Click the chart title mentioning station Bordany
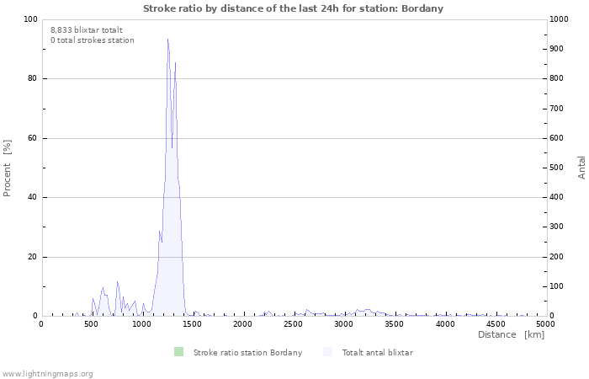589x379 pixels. click(x=293, y=8)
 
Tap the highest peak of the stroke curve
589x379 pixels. click(x=167, y=40)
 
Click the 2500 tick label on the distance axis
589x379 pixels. click(x=293, y=324)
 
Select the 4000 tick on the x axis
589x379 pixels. click(x=444, y=324)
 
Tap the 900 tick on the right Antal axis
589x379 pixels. click(x=558, y=49)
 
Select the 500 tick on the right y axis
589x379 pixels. click(x=558, y=168)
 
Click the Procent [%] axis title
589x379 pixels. click(x=8, y=168)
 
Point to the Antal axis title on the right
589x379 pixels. click(x=581, y=167)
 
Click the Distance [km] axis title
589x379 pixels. click(x=511, y=335)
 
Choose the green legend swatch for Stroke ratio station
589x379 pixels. click(x=178, y=352)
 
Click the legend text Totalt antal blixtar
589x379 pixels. click(x=377, y=352)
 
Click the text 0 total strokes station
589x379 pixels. click(x=92, y=40)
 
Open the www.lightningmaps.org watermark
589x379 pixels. click(x=47, y=373)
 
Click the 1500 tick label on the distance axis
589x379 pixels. click(x=192, y=324)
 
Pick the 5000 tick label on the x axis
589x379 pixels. click(x=544, y=324)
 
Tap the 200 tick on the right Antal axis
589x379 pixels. click(x=558, y=257)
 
